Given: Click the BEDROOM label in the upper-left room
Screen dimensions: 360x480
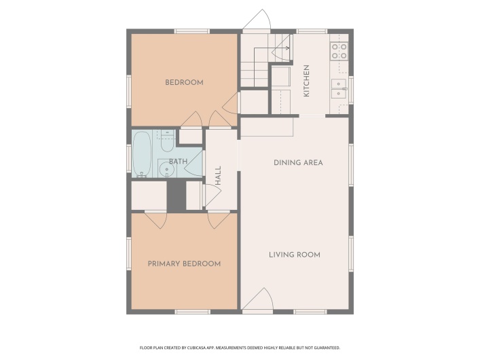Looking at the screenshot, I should [184, 83].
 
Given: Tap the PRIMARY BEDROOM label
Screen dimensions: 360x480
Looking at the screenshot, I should [184, 264].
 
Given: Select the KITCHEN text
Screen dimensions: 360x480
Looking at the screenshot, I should [307, 80].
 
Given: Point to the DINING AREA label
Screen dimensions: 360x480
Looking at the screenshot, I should [298, 162].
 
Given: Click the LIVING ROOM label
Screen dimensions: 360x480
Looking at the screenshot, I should [294, 255].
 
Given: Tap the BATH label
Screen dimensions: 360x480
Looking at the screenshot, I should [178, 161].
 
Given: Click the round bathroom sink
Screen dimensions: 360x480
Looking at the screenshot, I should [164, 169].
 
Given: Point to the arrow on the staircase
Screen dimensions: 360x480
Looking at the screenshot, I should [285, 48].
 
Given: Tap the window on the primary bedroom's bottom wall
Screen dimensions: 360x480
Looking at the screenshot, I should [192, 311].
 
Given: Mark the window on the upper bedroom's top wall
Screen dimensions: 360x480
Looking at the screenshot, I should [192, 31].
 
